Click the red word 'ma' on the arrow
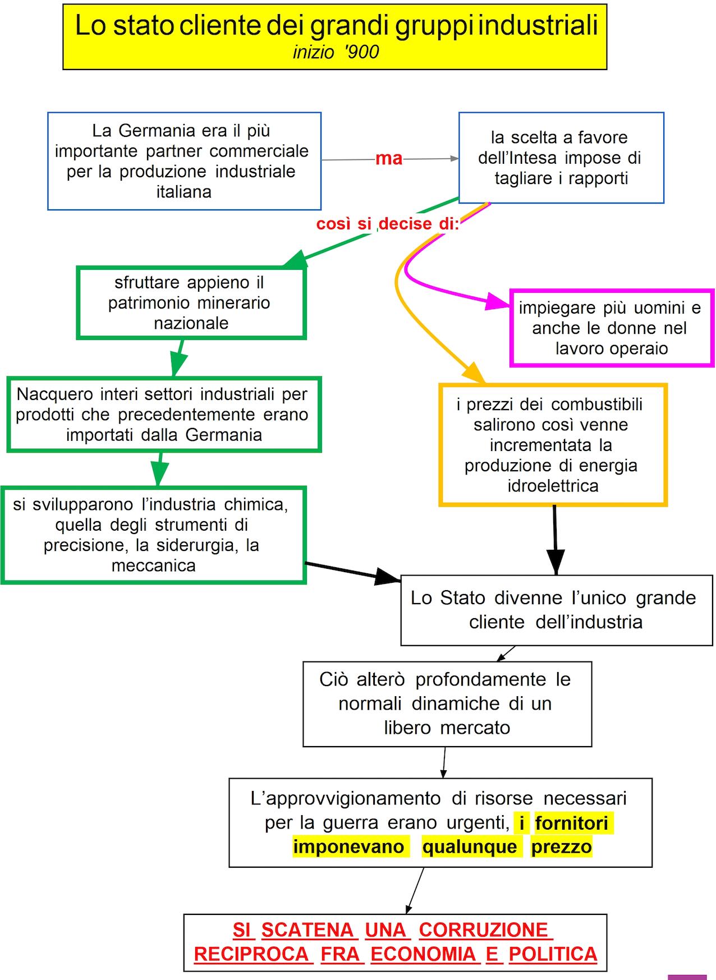389,159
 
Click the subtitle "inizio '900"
336,52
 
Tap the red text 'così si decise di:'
388,224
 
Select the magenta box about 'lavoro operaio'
611,328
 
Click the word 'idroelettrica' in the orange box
553,486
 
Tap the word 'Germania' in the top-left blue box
157,131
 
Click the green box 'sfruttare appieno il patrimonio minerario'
190,303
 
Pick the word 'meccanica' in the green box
153,565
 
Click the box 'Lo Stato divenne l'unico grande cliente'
556,610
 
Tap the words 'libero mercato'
447,728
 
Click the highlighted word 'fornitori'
571,823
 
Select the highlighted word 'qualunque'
469,846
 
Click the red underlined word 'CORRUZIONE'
483,930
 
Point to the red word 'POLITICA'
553,954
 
